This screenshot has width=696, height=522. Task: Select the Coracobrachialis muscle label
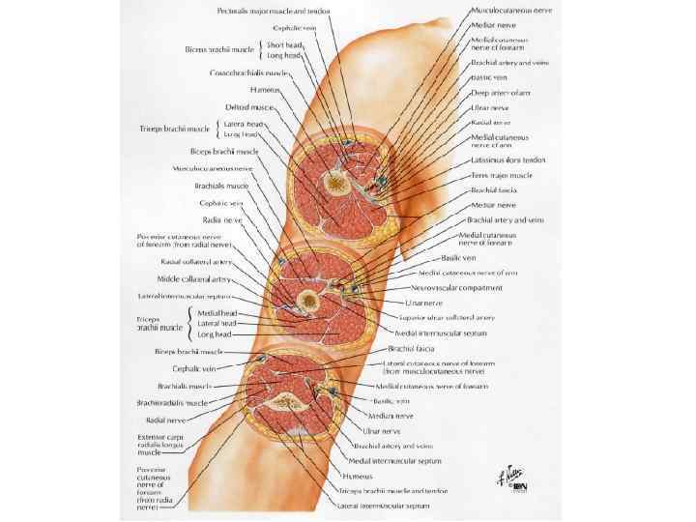click(249, 72)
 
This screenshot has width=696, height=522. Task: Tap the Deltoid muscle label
click(251, 106)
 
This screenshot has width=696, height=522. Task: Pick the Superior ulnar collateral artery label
click(447, 317)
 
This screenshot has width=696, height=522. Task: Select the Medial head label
click(217, 313)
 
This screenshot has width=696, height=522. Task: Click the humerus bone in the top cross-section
click(335, 181)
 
